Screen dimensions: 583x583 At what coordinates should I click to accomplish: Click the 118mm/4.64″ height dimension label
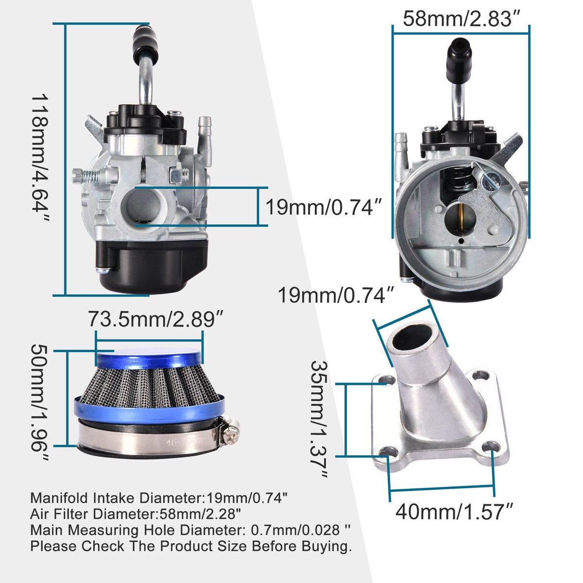(40, 157)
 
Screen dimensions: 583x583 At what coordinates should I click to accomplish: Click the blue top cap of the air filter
(148, 358)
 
